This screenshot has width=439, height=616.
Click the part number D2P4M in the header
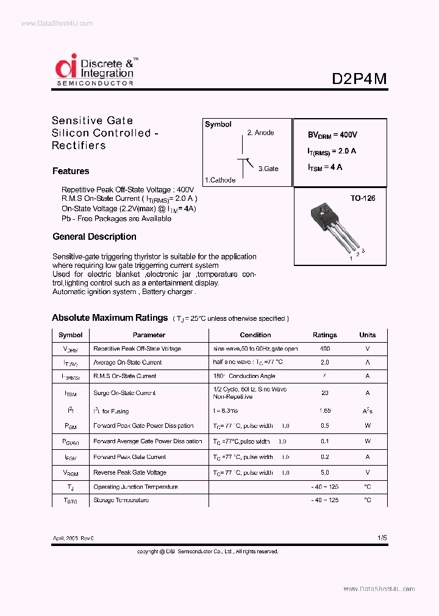[359, 79]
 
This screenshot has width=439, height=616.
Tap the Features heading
[71, 171]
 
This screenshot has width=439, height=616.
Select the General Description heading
[95, 237]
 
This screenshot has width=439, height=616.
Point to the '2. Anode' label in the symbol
[260, 133]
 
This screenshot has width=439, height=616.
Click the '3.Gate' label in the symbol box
[268, 169]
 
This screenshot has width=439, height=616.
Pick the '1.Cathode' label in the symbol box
[220, 180]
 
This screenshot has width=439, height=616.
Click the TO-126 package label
[363, 198]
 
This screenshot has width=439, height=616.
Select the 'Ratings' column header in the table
[324, 335]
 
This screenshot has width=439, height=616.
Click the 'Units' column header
[368, 335]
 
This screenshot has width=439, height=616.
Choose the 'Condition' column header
[255, 335]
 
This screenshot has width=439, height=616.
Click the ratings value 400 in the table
[324, 349]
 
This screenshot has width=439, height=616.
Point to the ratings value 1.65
[324, 411]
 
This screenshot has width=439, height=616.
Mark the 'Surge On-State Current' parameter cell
[124, 393]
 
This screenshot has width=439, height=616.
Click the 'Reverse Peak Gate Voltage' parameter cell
[130, 472]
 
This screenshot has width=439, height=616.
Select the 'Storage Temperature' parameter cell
[121, 500]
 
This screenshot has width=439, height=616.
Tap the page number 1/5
[382, 537]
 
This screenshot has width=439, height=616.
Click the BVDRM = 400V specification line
[333, 135]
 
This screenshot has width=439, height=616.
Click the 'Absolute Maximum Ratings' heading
[110, 318]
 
